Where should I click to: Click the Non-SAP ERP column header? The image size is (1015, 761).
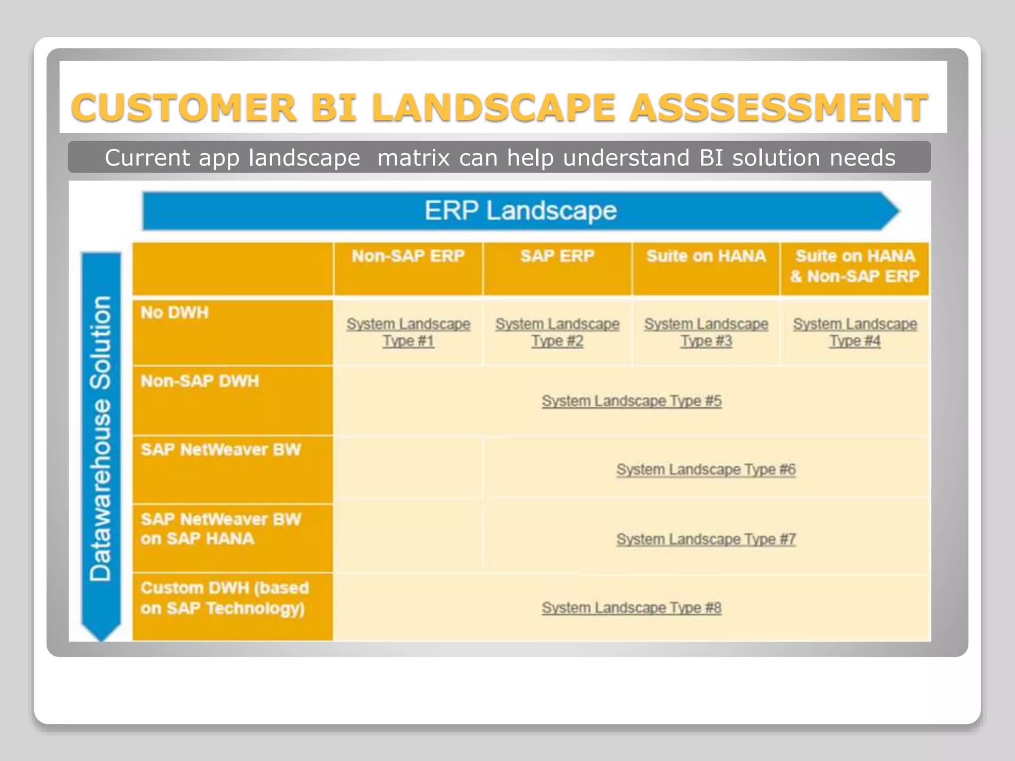click(x=408, y=257)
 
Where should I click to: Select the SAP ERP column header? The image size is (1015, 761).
click(x=557, y=257)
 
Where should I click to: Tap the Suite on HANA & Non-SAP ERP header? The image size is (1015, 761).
click(x=855, y=267)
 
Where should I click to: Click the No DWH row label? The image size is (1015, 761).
click(x=174, y=313)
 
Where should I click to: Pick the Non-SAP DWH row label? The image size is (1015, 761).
click(x=200, y=381)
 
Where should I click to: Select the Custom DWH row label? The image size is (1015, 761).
click(x=225, y=598)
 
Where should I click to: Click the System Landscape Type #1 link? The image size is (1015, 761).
click(x=408, y=332)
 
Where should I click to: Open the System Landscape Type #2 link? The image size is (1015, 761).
click(x=558, y=332)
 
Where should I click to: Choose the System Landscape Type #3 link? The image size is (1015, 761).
click(x=706, y=332)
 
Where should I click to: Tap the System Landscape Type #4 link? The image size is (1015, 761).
click(x=855, y=332)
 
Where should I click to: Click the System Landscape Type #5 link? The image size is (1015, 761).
click(x=631, y=401)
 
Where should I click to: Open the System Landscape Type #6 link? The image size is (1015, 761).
click(x=706, y=470)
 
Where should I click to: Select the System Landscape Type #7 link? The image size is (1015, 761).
click(x=706, y=539)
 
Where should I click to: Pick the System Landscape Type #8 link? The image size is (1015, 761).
click(x=631, y=608)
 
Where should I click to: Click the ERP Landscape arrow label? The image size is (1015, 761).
click(x=520, y=211)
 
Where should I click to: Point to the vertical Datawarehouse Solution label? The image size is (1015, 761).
click(x=101, y=438)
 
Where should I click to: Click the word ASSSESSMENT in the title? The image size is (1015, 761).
click(x=779, y=108)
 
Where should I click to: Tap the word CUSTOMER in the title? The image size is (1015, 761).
click(x=183, y=108)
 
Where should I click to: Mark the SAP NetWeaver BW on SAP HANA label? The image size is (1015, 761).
click(x=221, y=529)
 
